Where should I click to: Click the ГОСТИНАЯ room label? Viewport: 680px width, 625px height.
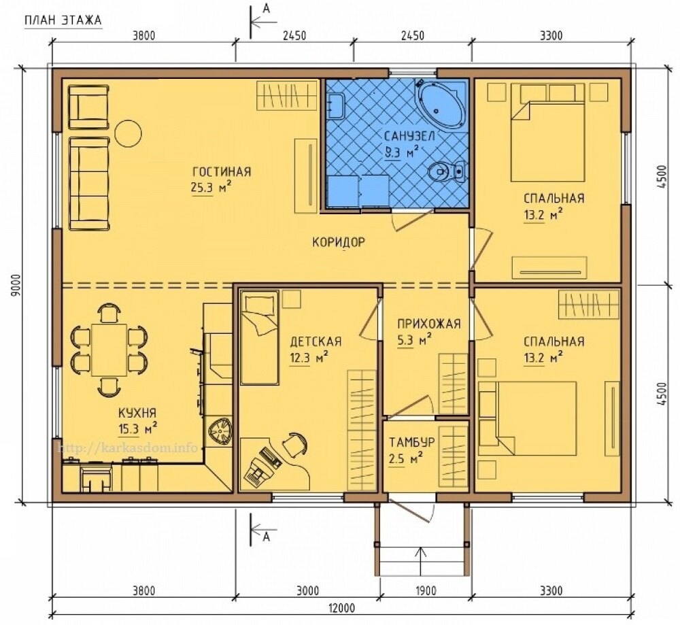(222, 172)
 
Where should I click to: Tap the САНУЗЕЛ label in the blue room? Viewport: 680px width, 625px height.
(409, 136)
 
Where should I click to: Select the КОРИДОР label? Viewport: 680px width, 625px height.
(339, 242)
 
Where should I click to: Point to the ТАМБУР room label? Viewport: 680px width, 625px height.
(411, 443)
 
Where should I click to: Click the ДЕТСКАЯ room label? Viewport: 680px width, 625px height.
(316, 342)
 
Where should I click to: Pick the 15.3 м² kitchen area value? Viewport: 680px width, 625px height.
(137, 428)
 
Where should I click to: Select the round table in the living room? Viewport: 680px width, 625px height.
(128, 133)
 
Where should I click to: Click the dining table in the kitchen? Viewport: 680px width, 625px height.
(109, 350)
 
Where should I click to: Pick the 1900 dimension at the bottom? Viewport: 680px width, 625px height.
(426, 591)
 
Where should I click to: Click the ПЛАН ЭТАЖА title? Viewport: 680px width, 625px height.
(63, 20)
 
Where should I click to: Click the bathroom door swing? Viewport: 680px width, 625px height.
(412, 220)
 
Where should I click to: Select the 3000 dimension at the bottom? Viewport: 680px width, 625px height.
(308, 591)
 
